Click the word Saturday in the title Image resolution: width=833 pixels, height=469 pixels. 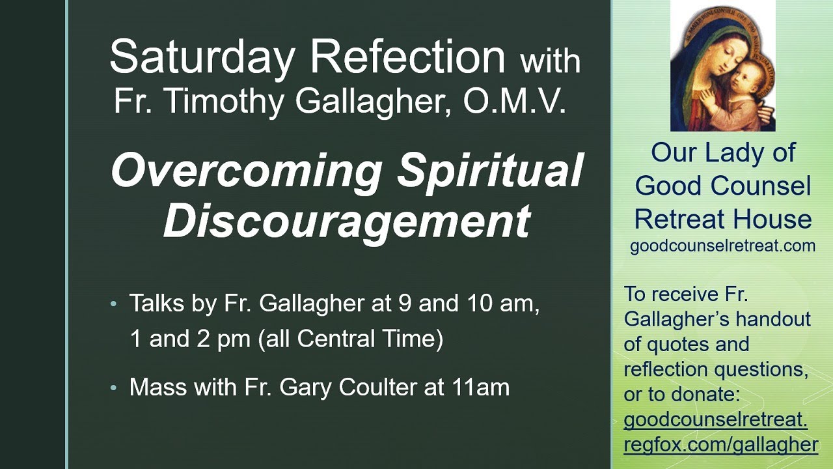(x=202, y=57)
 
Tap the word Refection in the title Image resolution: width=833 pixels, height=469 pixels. (x=408, y=57)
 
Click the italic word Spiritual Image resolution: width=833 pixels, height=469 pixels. (x=490, y=171)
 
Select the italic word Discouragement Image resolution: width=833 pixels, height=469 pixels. (x=346, y=220)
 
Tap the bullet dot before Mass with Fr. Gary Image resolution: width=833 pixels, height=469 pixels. (x=115, y=388)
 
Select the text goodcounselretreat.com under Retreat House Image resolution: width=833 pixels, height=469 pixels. (x=722, y=246)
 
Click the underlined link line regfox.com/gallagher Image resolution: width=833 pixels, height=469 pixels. (x=720, y=444)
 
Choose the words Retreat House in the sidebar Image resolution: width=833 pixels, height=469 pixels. (x=722, y=220)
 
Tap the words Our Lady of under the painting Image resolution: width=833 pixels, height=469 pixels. (x=722, y=153)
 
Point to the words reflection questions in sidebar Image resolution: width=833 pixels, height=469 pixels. (x=716, y=369)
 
